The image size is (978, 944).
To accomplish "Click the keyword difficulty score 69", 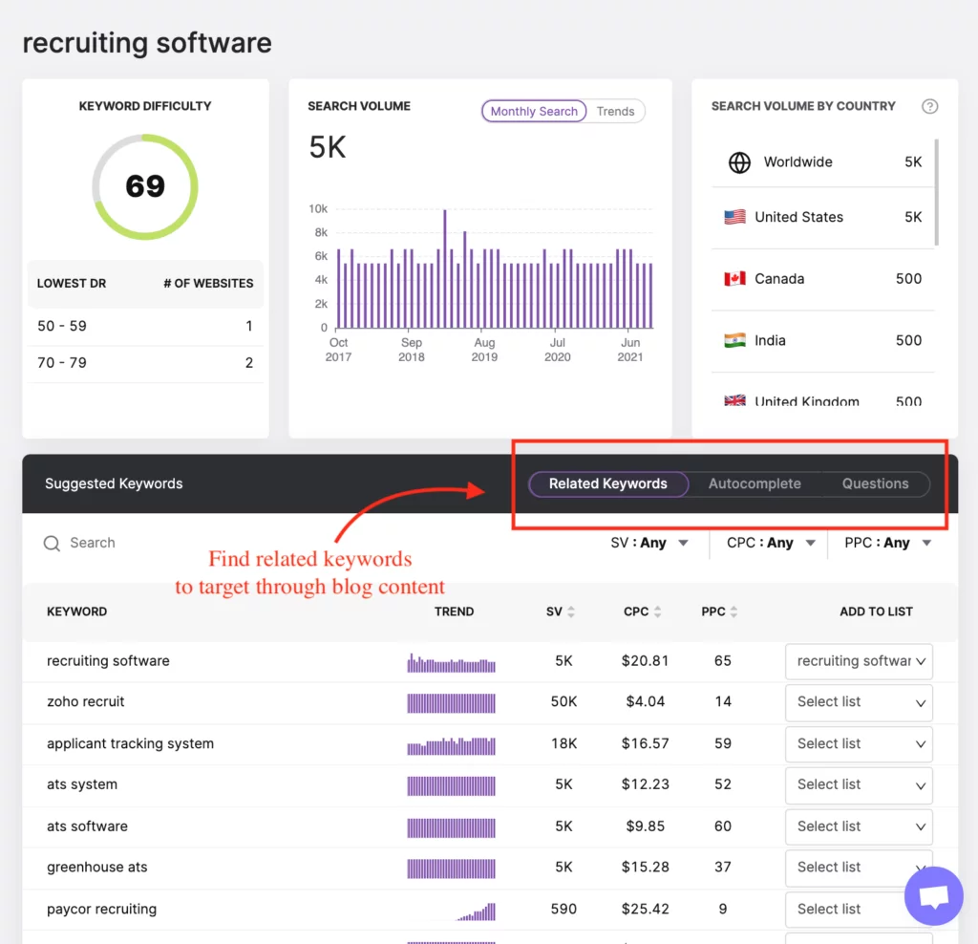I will pos(145,185).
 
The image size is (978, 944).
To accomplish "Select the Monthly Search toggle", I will pos(534,112).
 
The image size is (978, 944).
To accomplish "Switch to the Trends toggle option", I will pos(615,112).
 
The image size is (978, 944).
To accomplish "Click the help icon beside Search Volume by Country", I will pos(929,106).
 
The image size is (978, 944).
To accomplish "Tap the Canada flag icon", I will pos(734,279).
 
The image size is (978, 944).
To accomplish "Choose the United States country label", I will pos(798,217).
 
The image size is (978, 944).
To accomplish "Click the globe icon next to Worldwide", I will pos(739,162).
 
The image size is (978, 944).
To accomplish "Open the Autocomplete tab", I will pos(755,483).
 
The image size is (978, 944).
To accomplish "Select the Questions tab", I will pos(875,483).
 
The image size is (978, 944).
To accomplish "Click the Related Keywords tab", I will pos(607,483).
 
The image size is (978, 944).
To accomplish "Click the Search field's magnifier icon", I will pos(53,544).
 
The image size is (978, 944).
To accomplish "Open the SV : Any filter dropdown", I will pos(649,543).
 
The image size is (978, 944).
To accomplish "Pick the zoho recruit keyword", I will pos(86,701).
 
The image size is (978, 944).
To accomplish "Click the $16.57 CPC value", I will pos(647,743).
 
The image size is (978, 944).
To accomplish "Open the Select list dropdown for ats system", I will pos(859,785).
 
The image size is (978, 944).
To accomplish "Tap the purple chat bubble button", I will pos(934,896).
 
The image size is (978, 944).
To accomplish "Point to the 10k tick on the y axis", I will pos(318,209).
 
